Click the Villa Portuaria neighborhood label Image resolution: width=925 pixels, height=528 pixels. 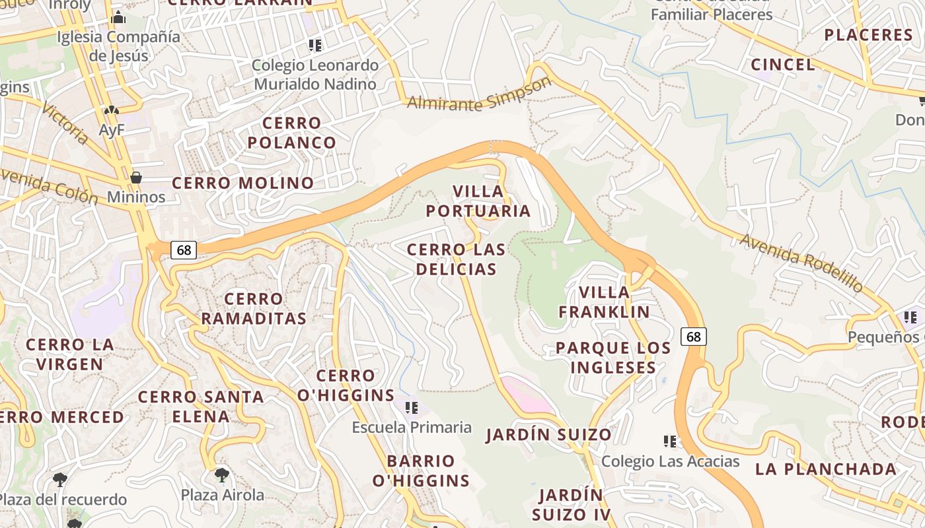(x=478, y=201)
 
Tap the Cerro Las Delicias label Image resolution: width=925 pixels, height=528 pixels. (x=456, y=259)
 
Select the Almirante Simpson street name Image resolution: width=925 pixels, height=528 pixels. (x=479, y=95)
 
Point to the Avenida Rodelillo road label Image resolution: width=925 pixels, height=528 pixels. (x=801, y=263)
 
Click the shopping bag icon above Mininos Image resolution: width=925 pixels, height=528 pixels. (x=136, y=178)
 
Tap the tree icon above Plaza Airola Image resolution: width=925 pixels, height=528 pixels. (x=222, y=475)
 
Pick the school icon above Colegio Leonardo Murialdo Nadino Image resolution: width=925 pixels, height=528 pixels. (x=315, y=46)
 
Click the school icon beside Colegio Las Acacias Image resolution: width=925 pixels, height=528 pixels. (x=670, y=441)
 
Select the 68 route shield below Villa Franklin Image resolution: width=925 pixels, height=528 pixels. (x=694, y=337)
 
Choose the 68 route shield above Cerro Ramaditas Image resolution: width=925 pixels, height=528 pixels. (x=184, y=250)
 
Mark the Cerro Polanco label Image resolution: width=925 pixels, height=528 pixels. (x=292, y=133)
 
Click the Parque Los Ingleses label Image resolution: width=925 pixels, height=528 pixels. (x=613, y=358)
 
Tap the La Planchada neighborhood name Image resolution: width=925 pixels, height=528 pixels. (x=826, y=469)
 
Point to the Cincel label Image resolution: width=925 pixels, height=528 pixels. (x=783, y=65)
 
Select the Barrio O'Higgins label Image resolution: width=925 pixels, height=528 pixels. (x=421, y=471)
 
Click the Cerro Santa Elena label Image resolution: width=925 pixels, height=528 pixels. (x=201, y=407)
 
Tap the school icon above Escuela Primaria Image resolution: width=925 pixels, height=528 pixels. (x=412, y=407)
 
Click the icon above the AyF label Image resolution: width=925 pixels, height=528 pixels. (x=111, y=111)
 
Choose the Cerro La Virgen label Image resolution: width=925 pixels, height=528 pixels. (x=69, y=354)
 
